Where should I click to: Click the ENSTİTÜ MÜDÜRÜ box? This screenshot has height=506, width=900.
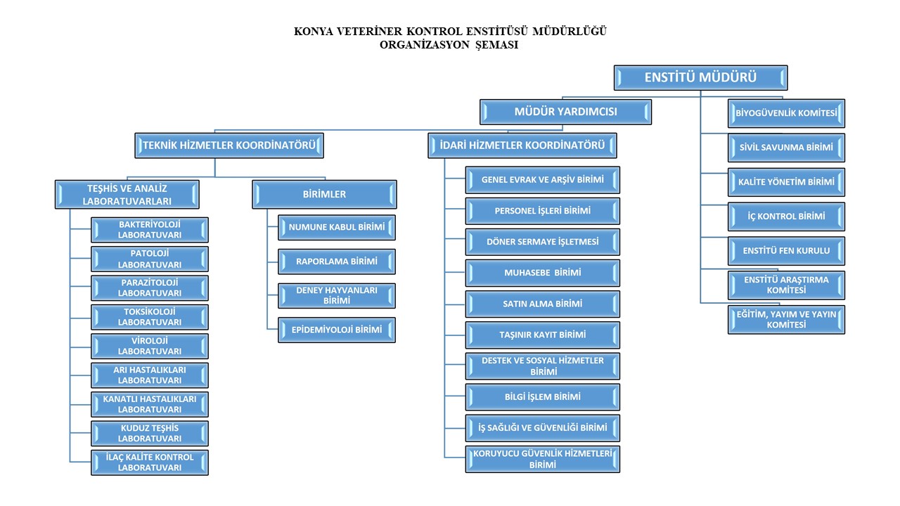[700, 77]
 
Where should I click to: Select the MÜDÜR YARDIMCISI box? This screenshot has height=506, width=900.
[566, 112]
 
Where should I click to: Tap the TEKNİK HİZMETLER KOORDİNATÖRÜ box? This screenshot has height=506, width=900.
[229, 146]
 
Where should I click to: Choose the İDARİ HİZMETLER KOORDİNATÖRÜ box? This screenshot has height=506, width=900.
[522, 146]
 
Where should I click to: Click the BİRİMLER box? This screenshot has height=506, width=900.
[324, 195]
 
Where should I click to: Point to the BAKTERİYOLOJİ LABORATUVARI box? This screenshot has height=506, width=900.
[150, 230]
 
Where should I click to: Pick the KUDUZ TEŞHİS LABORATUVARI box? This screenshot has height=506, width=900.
[150, 433]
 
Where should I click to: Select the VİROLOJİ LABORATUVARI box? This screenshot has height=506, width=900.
[150, 346]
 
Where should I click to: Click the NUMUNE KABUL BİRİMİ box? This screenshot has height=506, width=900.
[337, 227]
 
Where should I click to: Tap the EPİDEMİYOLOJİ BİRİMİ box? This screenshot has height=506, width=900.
[337, 330]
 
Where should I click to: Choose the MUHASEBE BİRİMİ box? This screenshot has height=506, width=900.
[542, 273]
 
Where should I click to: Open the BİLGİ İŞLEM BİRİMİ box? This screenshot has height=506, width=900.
[542, 397]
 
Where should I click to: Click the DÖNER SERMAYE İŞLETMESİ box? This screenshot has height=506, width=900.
[542, 242]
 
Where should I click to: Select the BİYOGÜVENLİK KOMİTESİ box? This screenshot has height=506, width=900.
[786, 113]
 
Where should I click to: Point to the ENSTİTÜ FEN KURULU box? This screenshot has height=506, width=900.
[786, 251]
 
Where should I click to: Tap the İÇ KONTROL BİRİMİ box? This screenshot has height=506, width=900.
[786, 216]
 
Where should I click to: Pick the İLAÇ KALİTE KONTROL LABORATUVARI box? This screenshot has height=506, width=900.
[150, 462]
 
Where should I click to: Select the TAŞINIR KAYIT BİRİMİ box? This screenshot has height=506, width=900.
[542, 335]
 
